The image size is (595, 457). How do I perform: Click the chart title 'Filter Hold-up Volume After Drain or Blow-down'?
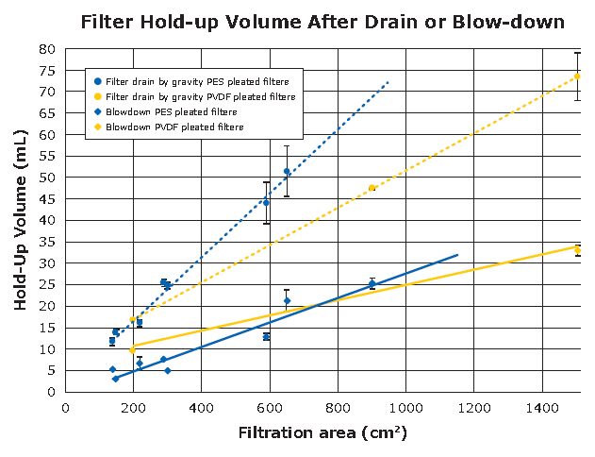point(322,21)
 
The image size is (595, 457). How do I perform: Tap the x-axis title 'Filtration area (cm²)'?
point(322,433)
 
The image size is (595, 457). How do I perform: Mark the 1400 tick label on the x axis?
point(542,409)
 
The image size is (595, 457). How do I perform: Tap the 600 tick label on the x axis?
point(270,409)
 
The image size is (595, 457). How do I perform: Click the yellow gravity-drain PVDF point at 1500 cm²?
point(577,76)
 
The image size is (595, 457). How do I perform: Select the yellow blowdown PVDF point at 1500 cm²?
point(577,249)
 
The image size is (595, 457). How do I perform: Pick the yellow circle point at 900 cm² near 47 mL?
point(372,188)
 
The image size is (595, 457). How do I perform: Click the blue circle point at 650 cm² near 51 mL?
point(287,171)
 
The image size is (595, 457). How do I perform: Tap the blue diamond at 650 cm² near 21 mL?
point(287,301)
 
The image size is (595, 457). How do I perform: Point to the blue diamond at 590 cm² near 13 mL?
point(267,336)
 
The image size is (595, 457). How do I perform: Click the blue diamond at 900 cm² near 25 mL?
point(372,283)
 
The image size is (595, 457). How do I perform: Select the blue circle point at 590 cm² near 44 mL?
point(266,202)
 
